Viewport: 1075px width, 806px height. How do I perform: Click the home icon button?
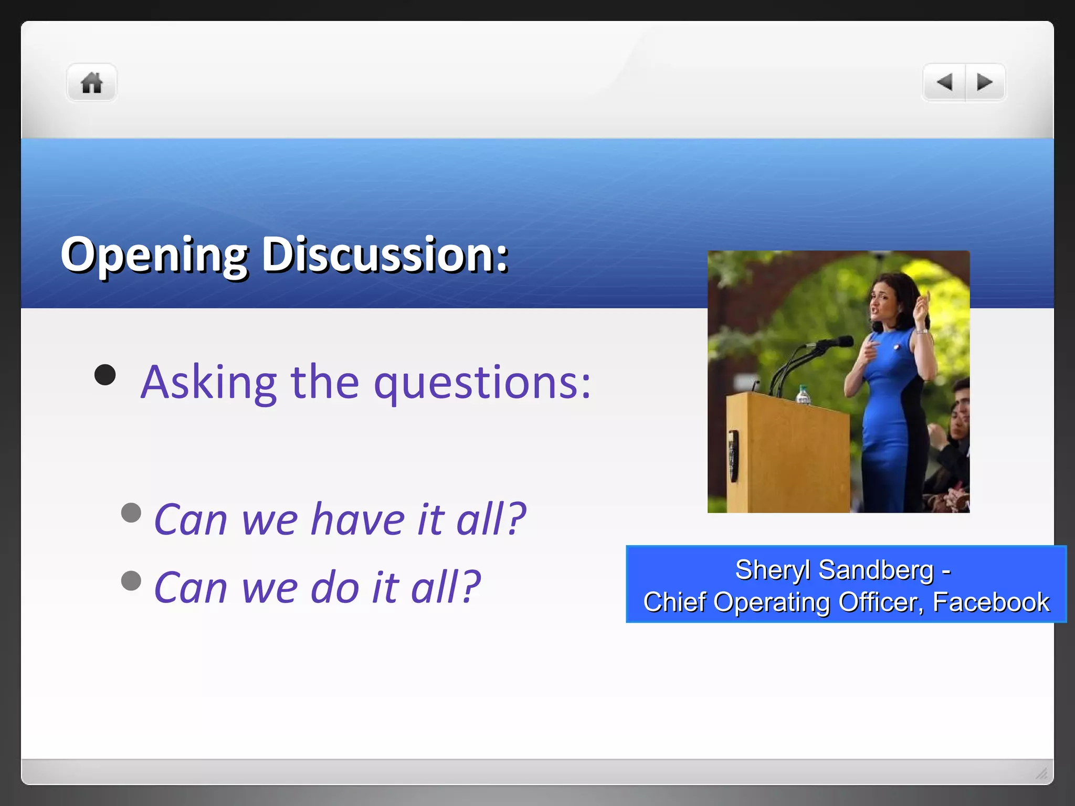pos(91,83)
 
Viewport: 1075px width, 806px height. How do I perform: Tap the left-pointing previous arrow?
pos(944,82)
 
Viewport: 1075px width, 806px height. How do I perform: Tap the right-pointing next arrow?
pos(985,82)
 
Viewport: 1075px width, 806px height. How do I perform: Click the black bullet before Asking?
pos(105,375)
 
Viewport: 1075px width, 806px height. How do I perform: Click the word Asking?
pos(208,383)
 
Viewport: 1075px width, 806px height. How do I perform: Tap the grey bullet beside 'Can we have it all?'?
pos(131,513)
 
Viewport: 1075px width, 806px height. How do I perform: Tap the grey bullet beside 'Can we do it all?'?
pos(131,580)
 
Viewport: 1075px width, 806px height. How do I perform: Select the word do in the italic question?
pos(335,587)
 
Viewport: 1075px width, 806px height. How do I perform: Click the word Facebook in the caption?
pos(990,602)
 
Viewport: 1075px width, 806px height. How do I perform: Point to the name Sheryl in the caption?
pos(772,570)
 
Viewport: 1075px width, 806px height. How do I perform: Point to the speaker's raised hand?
pos(921,310)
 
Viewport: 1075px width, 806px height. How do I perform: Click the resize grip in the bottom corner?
pos(1041,773)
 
